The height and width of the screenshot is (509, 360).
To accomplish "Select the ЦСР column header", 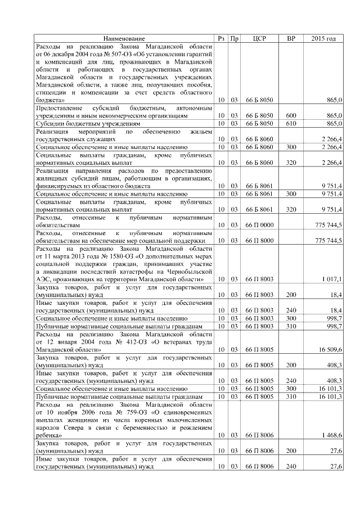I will point(259,38).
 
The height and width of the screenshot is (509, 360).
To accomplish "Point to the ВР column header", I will point(291,38).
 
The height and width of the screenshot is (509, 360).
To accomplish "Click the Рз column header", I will point(222,38).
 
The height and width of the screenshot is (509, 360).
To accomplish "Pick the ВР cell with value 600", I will point(291,115).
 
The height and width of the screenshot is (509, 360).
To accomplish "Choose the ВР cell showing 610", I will point(291,123).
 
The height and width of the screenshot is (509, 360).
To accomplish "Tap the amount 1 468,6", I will point(331,435).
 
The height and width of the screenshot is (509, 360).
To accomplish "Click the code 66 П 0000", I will point(259,224).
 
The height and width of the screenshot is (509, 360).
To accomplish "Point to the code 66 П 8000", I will point(259,240).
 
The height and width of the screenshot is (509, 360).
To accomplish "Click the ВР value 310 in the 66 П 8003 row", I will point(291,326).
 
